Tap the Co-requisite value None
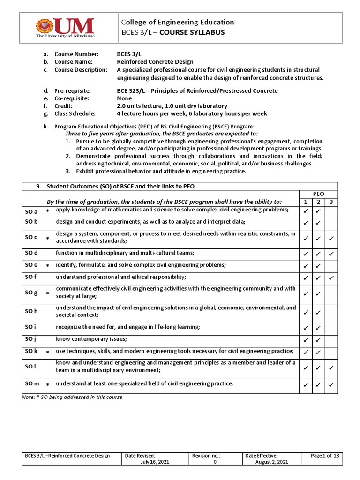pos(124,98)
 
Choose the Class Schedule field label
pos(75,113)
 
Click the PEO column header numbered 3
pos(330,202)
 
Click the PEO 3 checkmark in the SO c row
pos(330,239)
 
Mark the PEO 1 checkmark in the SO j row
pos(306,340)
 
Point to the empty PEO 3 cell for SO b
pos(330,223)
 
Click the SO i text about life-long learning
pos(121,326)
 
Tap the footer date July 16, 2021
pos(155,462)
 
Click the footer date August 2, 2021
pos(272,462)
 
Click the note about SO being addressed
pos(72,397)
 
